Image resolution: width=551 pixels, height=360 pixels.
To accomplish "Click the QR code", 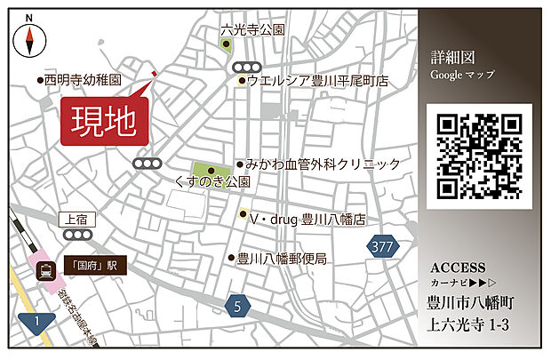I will tap(479, 156).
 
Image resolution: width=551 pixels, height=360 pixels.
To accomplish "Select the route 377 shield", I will tap(383, 245).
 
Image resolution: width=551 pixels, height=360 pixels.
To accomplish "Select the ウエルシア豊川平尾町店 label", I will tap(318, 81).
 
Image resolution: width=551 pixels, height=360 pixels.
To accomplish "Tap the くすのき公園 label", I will tap(213, 180).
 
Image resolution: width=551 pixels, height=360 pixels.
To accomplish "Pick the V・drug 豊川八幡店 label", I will tap(308, 217).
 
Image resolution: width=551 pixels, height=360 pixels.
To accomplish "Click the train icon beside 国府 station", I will tap(43, 274).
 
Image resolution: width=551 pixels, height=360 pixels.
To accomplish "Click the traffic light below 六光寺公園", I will tap(248, 67).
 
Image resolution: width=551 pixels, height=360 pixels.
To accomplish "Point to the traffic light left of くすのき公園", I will tap(148, 164).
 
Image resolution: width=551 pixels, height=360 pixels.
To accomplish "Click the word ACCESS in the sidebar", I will tap(458, 268).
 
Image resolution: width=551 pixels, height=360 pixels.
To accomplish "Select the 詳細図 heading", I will tap(450, 57).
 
